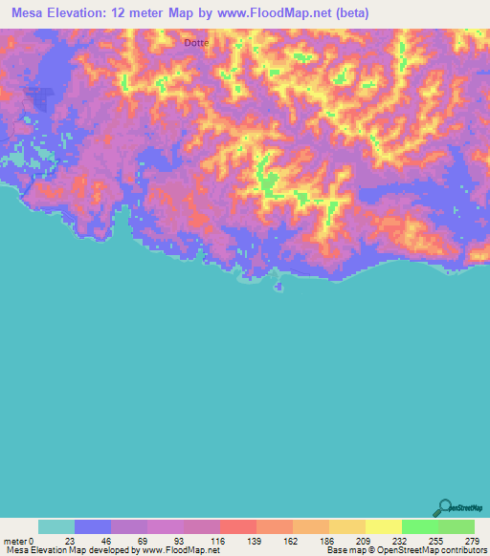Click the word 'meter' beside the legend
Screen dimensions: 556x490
pos(14,540)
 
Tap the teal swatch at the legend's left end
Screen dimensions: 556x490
pos(56,526)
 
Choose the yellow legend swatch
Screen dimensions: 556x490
pos(384,526)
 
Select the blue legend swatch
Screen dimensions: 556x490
pos(93,526)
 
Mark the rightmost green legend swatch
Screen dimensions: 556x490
pos(457,526)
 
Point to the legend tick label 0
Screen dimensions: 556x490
pos(33,540)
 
